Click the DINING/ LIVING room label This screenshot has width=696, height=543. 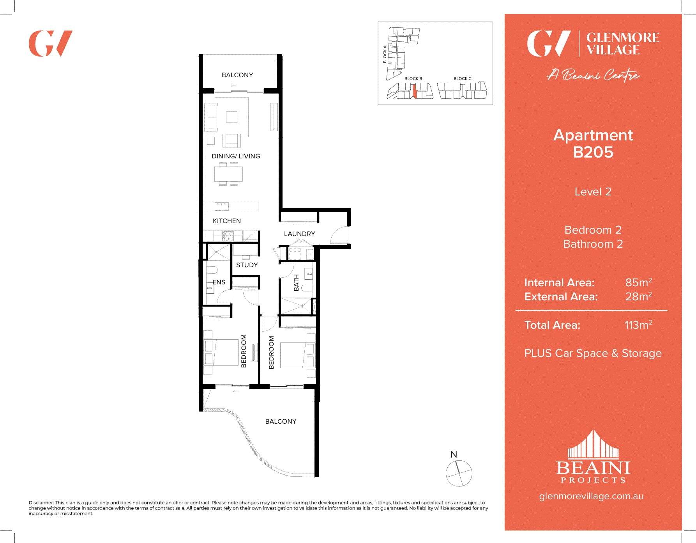[x=236, y=156]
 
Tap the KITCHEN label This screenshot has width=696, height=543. [x=226, y=221]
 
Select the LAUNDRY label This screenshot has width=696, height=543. [x=299, y=234]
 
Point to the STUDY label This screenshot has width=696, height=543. [x=247, y=265]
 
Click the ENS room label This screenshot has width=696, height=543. [x=219, y=282]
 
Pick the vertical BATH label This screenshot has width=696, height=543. [x=296, y=283]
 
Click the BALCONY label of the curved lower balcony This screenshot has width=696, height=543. [x=281, y=421]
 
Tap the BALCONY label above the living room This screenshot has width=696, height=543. [x=237, y=75]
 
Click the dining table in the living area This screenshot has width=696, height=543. [x=228, y=174]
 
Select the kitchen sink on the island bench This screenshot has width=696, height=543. [x=222, y=206]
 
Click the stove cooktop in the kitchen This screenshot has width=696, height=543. [x=228, y=236]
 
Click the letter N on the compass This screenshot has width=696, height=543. [x=454, y=454]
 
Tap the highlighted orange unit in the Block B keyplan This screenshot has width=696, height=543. [x=415, y=92]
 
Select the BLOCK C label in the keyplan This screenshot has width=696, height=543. [x=462, y=79]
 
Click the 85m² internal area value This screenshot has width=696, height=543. [x=638, y=282]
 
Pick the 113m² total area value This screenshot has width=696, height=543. [x=638, y=325]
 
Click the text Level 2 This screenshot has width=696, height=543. [x=593, y=192]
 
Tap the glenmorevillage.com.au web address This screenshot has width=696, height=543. [x=591, y=496]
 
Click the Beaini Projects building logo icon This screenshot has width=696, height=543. [x=593, y=445]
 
